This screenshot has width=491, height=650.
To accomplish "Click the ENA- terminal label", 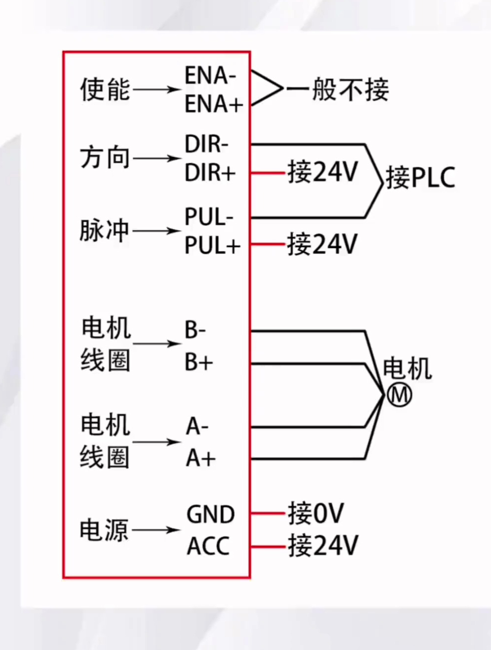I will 210,76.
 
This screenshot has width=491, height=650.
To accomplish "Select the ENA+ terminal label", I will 214,104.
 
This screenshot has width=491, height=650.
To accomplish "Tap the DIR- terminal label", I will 206,144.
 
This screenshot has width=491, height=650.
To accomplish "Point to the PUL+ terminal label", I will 212,245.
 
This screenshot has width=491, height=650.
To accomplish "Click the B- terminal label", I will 195,330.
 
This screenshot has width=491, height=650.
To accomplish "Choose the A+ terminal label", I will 201,458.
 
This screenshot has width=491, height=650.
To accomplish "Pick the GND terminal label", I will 210,515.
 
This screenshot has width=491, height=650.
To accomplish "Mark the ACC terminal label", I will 208,546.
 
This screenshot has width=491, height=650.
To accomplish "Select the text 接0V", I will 316,513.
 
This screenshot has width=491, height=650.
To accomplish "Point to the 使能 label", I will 105,90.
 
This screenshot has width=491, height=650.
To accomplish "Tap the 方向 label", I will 105,158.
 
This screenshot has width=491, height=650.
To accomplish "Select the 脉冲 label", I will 105,231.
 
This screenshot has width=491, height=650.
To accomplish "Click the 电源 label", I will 105,530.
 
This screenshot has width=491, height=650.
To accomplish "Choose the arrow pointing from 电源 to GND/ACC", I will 157,530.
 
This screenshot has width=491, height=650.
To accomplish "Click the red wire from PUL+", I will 268,244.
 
